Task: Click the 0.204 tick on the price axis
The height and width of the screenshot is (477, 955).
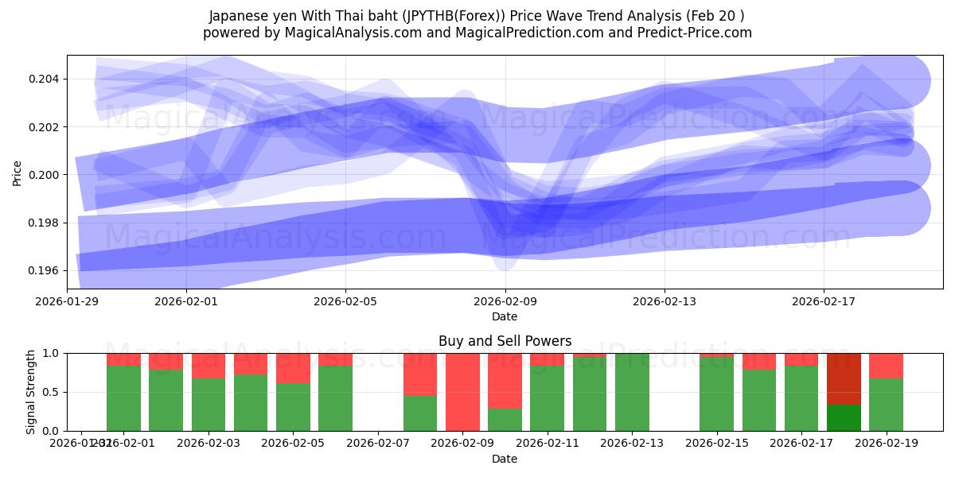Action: point(45,79)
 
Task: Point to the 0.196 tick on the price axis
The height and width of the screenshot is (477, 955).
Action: point(45,270)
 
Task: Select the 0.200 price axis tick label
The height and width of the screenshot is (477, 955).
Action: point(45,175)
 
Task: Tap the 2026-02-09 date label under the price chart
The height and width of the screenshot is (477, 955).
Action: point(505,301)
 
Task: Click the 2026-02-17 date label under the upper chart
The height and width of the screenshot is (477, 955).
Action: point(823,301)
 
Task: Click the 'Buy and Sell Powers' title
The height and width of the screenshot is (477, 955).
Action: point(505,341)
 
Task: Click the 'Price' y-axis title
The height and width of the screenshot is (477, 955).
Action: point(18,173)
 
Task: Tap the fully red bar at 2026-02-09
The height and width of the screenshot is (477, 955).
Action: point(462,392)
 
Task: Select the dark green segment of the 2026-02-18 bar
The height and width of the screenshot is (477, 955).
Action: point(844,417)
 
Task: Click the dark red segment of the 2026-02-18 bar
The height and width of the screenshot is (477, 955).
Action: point(844,378)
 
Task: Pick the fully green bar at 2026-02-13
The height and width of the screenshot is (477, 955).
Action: point(632,392)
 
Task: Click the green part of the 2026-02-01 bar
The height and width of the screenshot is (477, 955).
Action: point(123,397)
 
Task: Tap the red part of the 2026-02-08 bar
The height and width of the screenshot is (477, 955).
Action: point(420,374)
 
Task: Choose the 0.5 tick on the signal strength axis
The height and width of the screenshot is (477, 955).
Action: point(53,392)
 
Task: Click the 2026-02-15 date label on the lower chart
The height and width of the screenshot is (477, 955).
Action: point(717,444)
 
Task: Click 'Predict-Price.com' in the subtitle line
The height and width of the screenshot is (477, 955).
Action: point(698,33)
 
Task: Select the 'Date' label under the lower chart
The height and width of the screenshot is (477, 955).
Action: point(505,459)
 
